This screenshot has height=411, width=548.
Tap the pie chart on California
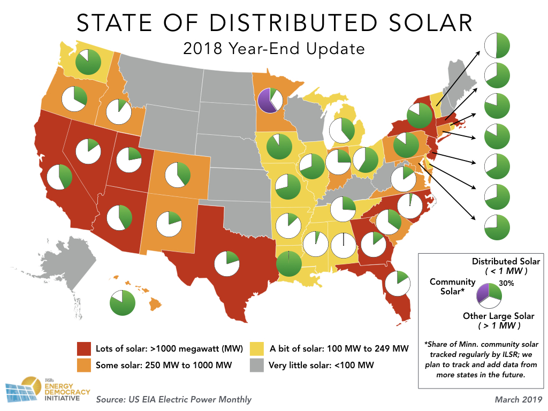pyautogui.click(x=59, y=177)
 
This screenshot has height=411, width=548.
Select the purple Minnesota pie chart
pyautogui.click(x=271, y=100)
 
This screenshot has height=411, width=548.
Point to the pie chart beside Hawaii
pyautogui.click(x=123, y=303)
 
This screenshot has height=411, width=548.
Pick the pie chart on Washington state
pyautogui.click(x=88, y=62)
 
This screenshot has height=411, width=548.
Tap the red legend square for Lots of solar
pyautogui.click(x=84, y=349)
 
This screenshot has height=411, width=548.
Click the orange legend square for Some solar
pyautogui.click(x=84, y=366)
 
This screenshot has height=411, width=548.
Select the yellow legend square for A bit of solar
pyautogui.click(x=257, y=349)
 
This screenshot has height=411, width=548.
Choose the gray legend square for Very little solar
pyautogui.click(x=257, y=366)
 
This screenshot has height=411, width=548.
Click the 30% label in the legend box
pyautogui.click(x=506, y=284)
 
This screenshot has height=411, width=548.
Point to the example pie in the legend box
pyautogui.click(x=488, y=294)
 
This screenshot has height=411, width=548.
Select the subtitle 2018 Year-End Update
pyautogui.click(x=273, y=49)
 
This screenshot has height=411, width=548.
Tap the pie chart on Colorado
pyautogui.click(x=178, y=174)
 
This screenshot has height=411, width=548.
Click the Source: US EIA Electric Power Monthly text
pyautogui.click(x=173, y=399)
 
